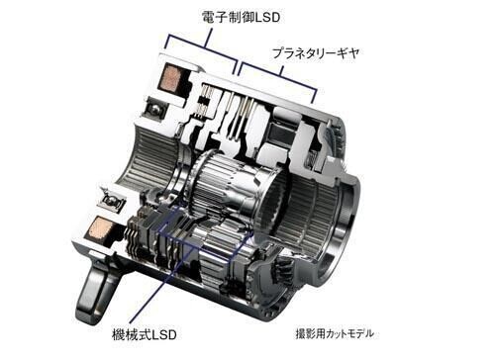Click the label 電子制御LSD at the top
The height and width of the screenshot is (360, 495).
coord(241,17)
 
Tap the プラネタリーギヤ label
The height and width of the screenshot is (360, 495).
coord(316,53)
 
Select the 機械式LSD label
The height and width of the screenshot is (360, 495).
coord(145,335)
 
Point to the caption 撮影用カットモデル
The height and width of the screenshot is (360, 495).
coord(335,333)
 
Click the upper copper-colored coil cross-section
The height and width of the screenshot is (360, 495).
coord(171,77)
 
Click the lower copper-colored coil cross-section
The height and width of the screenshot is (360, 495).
coord(98,227)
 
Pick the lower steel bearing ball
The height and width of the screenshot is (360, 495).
coord(112,200)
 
